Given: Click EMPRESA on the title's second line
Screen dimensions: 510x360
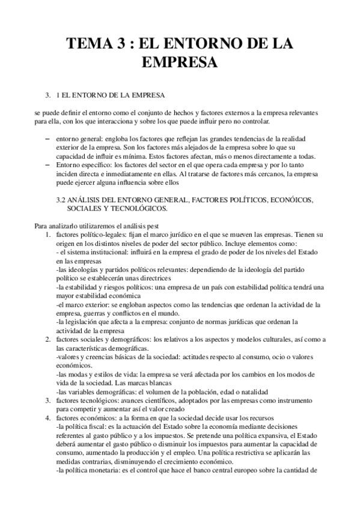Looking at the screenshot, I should pos(180,62).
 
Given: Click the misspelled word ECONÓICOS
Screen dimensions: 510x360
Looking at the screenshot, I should pos(293,198).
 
